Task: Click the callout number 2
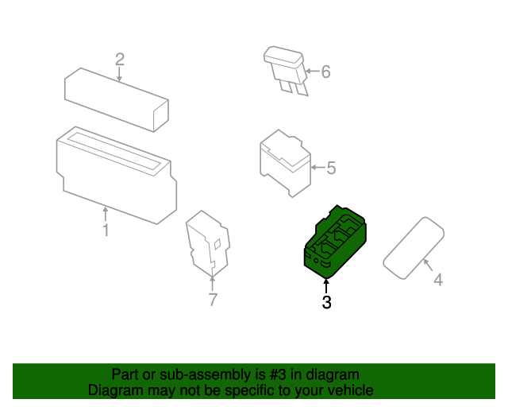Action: point(120,59)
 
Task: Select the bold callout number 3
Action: point(326,302)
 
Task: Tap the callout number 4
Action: point(437,279)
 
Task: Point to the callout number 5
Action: point(332,168)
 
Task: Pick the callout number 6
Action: point(325,72)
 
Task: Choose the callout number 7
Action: point(212,300)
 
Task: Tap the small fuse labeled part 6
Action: point(286,67)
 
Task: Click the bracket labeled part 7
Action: point(208,242)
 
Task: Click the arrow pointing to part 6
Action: point(311,72)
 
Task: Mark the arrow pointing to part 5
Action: point(317,168)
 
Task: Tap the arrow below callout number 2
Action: point(120,74)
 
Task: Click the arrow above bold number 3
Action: point(325,285)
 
